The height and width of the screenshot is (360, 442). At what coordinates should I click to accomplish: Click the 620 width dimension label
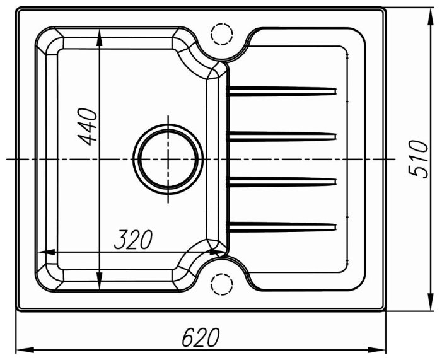click(x=201, y=337)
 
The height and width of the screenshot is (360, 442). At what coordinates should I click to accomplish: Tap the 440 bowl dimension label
click(x=87, y=126)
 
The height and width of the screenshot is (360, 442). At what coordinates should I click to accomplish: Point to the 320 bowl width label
click(x=133, y=240)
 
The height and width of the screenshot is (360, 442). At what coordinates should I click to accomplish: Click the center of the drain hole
click(x=168, y=160)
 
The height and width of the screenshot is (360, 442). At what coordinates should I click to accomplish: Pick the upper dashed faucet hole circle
click(x=222, y=33)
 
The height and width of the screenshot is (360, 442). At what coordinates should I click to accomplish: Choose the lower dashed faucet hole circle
click(x=222, y=284)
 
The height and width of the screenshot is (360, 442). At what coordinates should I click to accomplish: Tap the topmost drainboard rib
click(x=281, y=91)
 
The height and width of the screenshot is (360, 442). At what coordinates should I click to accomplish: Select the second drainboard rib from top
click(x=281, y=137)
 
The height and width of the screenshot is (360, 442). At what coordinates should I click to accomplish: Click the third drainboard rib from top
click(x=281, y=182)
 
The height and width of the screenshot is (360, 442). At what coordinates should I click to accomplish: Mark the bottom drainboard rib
click(x=281, y=228)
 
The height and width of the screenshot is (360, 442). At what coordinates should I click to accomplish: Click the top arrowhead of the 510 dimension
click(x=431, y=16)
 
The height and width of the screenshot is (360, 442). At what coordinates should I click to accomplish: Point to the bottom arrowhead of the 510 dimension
click(x=431, y=302)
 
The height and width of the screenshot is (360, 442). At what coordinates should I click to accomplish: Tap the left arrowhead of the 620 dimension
click(x=25, y=350)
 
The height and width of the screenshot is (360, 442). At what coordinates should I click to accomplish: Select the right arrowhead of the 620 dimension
click(x=377, y=350)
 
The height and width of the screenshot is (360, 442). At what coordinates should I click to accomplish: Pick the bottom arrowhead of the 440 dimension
click(x=99, y=281)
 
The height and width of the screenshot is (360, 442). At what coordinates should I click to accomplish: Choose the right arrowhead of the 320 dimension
click(x=218, y=252)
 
